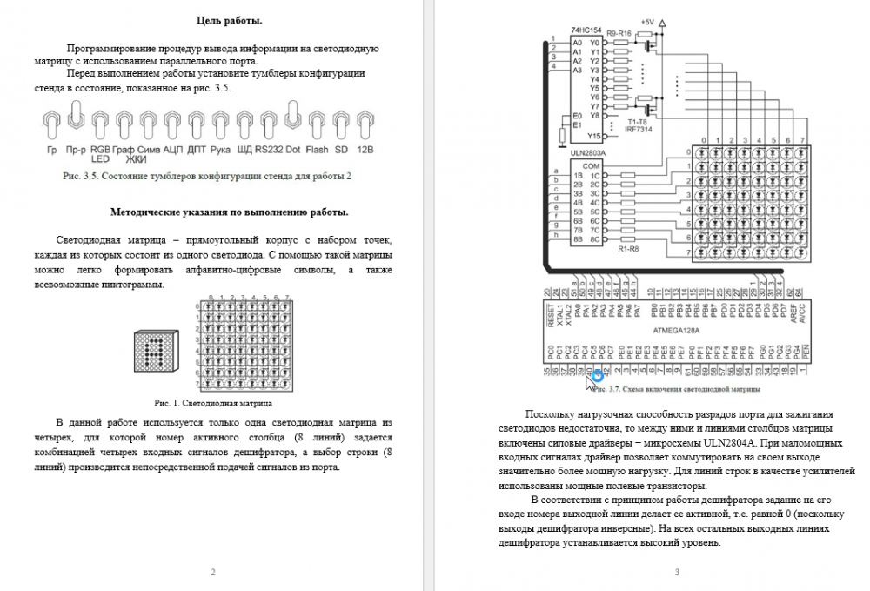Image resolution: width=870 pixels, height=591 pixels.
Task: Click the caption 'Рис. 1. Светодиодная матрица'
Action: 213,403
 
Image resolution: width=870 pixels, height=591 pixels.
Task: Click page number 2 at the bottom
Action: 213,572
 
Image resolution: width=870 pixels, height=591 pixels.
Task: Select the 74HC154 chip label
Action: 586,31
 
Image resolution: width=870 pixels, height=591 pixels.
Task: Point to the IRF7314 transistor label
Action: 639,130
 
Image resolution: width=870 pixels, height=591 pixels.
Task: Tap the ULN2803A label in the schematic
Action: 588,153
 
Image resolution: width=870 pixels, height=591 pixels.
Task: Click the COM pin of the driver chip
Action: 592,165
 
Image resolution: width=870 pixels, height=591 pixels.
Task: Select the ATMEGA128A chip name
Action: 676,332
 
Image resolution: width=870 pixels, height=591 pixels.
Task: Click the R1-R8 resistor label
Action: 629,250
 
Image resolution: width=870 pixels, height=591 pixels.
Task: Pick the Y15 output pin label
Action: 593,136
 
